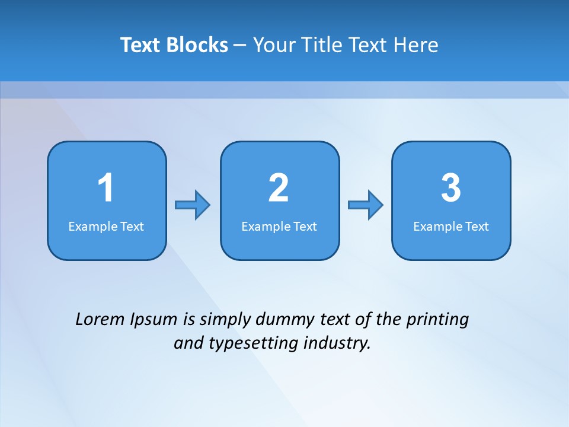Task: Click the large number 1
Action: [x=106, y=188]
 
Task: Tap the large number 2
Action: [x=279, y=188]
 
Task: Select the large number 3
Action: [x=451, y=188]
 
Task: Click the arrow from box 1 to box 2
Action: [x=193, y=205]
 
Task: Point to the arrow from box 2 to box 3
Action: [x=366, y=205]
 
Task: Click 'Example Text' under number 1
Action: [x=106, y=227]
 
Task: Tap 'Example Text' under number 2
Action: [x=279, y=227]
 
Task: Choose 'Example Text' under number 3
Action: [x=451, y=227]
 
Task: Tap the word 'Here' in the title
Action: [x=417, y=45]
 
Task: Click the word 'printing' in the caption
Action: [x=437, y=320]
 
